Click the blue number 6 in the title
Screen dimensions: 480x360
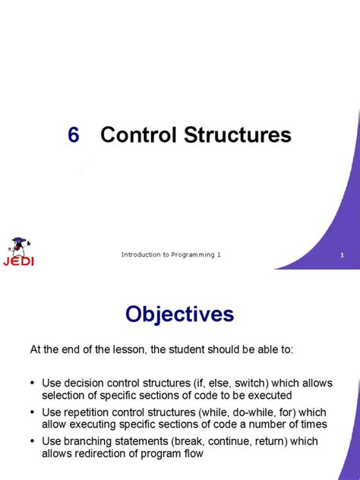click(73, 135)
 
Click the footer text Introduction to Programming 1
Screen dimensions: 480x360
click(171, 254)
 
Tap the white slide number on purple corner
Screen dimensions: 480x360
click(343, 255)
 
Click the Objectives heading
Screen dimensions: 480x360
click(179, 314)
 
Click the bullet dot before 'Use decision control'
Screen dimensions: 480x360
click(33, 384)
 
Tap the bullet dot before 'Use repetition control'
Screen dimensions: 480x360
click(33, 412)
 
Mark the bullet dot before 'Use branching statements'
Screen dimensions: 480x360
click(33, 441)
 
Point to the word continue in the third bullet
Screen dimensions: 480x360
click(221, 441)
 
